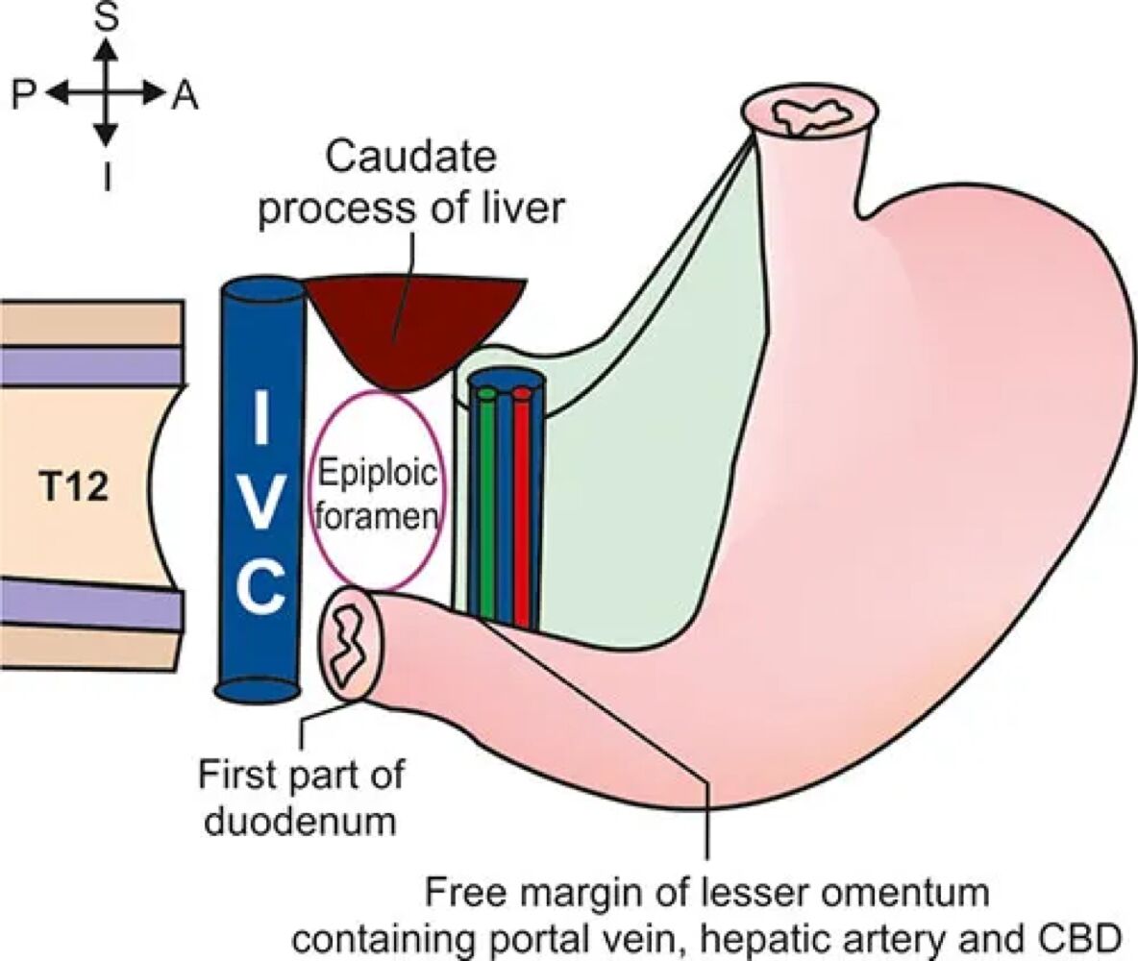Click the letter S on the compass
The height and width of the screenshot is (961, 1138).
pos(108,19)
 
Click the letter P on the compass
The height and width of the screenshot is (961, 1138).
pos(25,94)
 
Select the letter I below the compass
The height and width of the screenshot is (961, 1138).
pos(108,175)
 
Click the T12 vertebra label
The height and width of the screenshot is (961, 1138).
pos(74,489)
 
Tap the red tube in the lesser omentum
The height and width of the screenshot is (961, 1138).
pos(522,509)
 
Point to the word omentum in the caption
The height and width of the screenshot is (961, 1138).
pos(903,893)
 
